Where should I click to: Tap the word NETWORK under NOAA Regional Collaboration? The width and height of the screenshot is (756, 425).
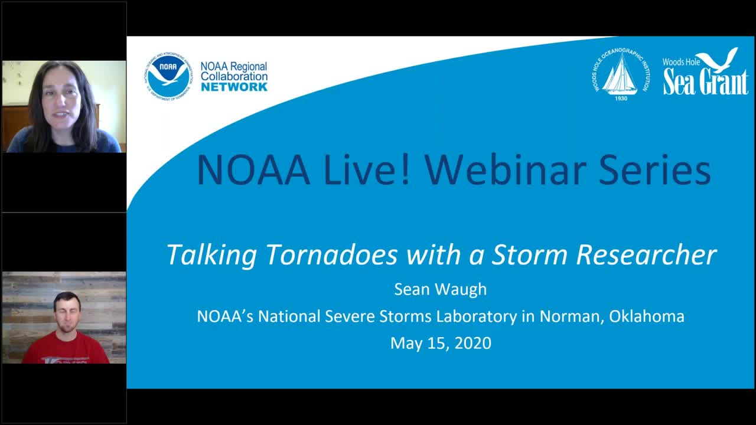click(x=234, y=87)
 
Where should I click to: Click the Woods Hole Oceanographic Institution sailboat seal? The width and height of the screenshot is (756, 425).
click(x=621, y=73)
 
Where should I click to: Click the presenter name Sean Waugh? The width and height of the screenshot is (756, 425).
click(x=440, y=289)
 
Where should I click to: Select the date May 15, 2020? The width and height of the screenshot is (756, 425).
click(x=441, y=343)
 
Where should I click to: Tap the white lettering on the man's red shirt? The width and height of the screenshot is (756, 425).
click(x=66, y=357)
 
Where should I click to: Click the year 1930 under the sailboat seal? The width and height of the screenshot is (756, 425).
click(x=621, y=98)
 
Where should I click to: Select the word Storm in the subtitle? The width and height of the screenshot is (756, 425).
click(x=530, y=255)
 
